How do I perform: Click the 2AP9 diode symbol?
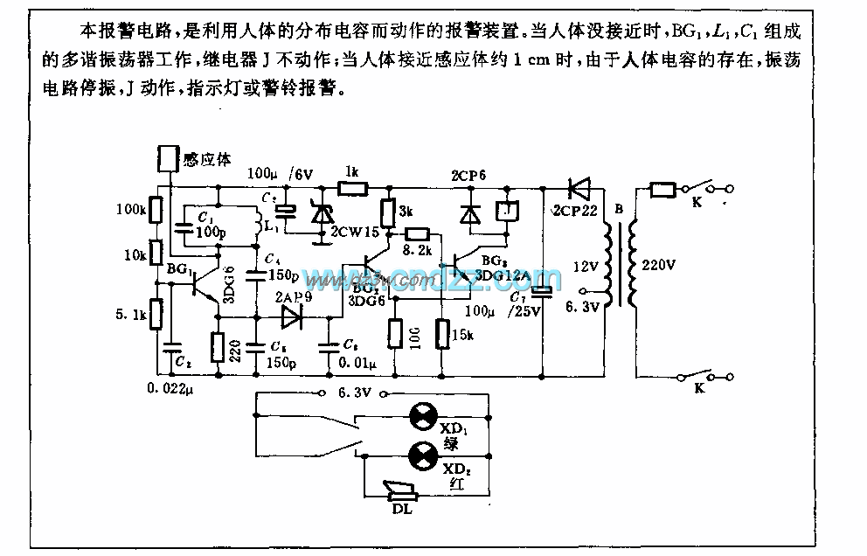(x=288, y=317)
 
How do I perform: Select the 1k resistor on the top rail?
(x=354, y=187)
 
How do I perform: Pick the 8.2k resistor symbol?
(x=417, y=233)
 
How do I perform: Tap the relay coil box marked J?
(x=504, y=212)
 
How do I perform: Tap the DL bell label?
(x=402, y=509)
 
